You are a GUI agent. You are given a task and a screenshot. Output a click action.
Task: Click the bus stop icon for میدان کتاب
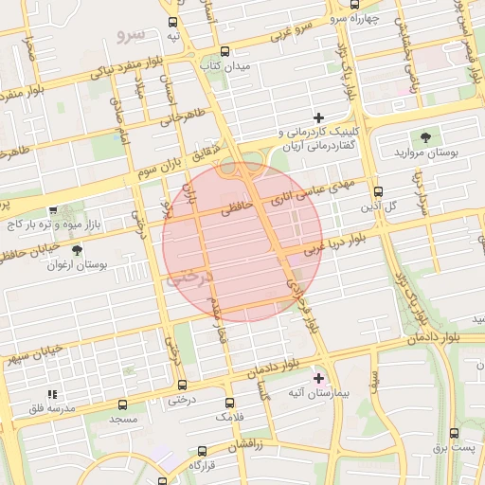tap(225, 52)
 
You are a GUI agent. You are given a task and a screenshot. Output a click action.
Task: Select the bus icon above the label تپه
tap(172, 22)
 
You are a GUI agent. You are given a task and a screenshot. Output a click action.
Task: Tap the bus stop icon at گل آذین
tap(378, 190)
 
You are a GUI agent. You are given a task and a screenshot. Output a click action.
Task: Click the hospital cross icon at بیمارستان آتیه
tap(317, 377)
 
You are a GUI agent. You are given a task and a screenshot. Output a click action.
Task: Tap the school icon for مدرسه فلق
tap(52, 393)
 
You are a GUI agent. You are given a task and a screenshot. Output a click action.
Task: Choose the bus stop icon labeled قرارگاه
tap(202, 451)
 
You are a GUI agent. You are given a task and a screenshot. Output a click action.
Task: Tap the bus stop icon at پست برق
tap(456, 433)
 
